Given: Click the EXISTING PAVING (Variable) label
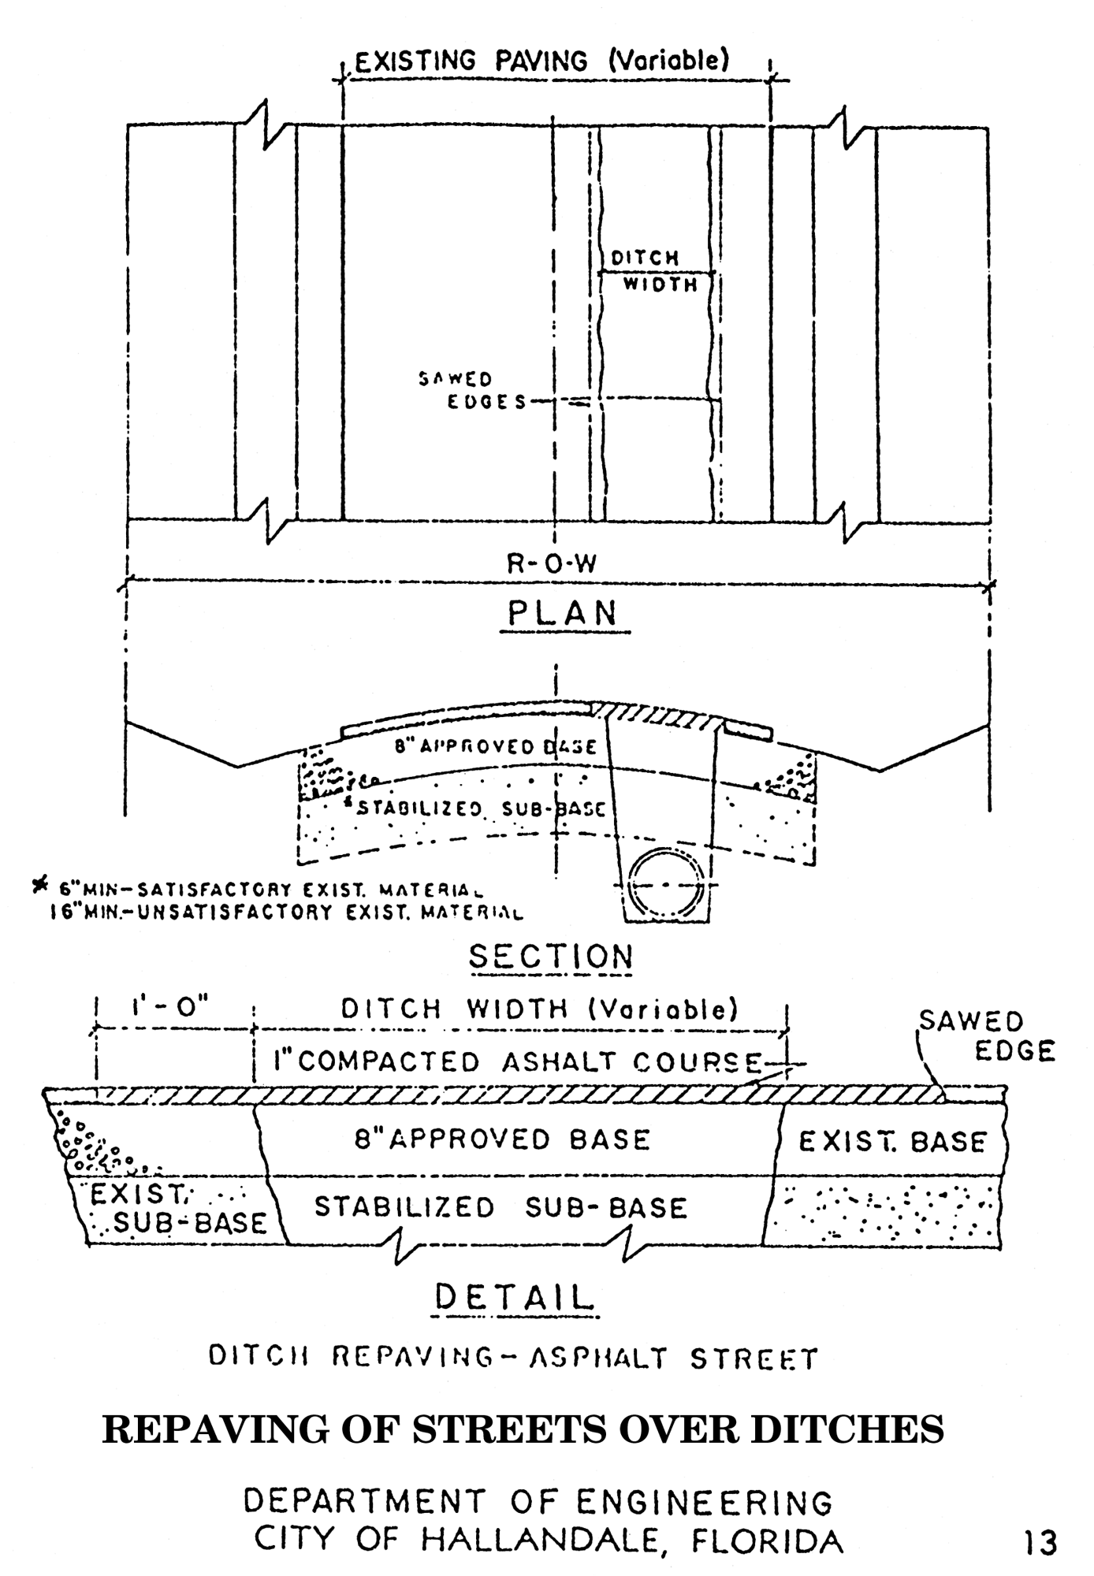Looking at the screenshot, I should [x=541, y=61].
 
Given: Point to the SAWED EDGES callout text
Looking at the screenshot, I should [x=471, y=391].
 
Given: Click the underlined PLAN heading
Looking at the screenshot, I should [x=563, y=614].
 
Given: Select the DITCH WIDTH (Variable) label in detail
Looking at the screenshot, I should [x=539, y=1009].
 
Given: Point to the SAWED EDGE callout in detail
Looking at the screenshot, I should [x=985, y=1036].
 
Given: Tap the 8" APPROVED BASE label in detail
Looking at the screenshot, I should [x=501, y=1139].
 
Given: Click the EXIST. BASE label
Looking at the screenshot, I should [x=892, y=1142].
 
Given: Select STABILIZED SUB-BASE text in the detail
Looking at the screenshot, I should [x=500, y=1208].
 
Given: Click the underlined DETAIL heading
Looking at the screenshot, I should [x=514, y=1298].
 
